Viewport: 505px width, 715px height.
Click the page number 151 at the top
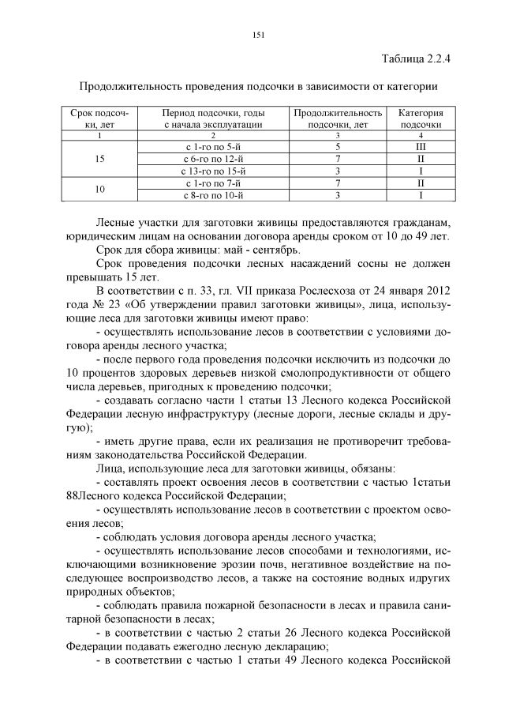point(257,34)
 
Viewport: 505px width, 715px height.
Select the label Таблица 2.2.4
point(415,59)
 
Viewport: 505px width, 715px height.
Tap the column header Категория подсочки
point(420,119)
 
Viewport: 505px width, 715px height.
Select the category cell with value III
point(420,147)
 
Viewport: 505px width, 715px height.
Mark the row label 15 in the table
point(99,159)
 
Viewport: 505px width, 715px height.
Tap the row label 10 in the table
point(99,189)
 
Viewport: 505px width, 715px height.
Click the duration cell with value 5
point(338,147)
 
